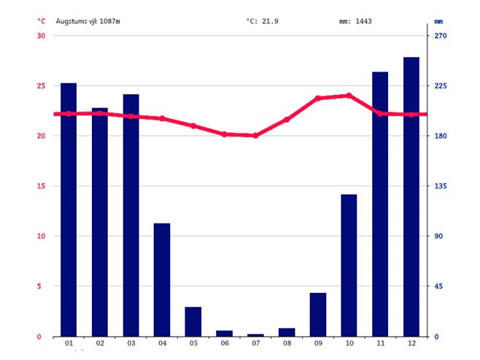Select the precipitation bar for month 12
(x=411, y=196)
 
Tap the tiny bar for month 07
(x=255, y=334)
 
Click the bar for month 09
(x=318, y=314)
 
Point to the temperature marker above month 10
(x=349, y=96)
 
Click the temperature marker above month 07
(x=255, y=136)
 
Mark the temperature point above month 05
(x=193, y=126)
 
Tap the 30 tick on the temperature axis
(x=41, y=36)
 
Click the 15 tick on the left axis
(x=41, y=186)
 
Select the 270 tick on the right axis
(x=440, y=36)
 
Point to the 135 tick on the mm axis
(x=440, y=186)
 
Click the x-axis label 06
(x=224, y=343)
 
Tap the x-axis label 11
(x=380, y=343)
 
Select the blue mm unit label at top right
(x=438, y=21)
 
